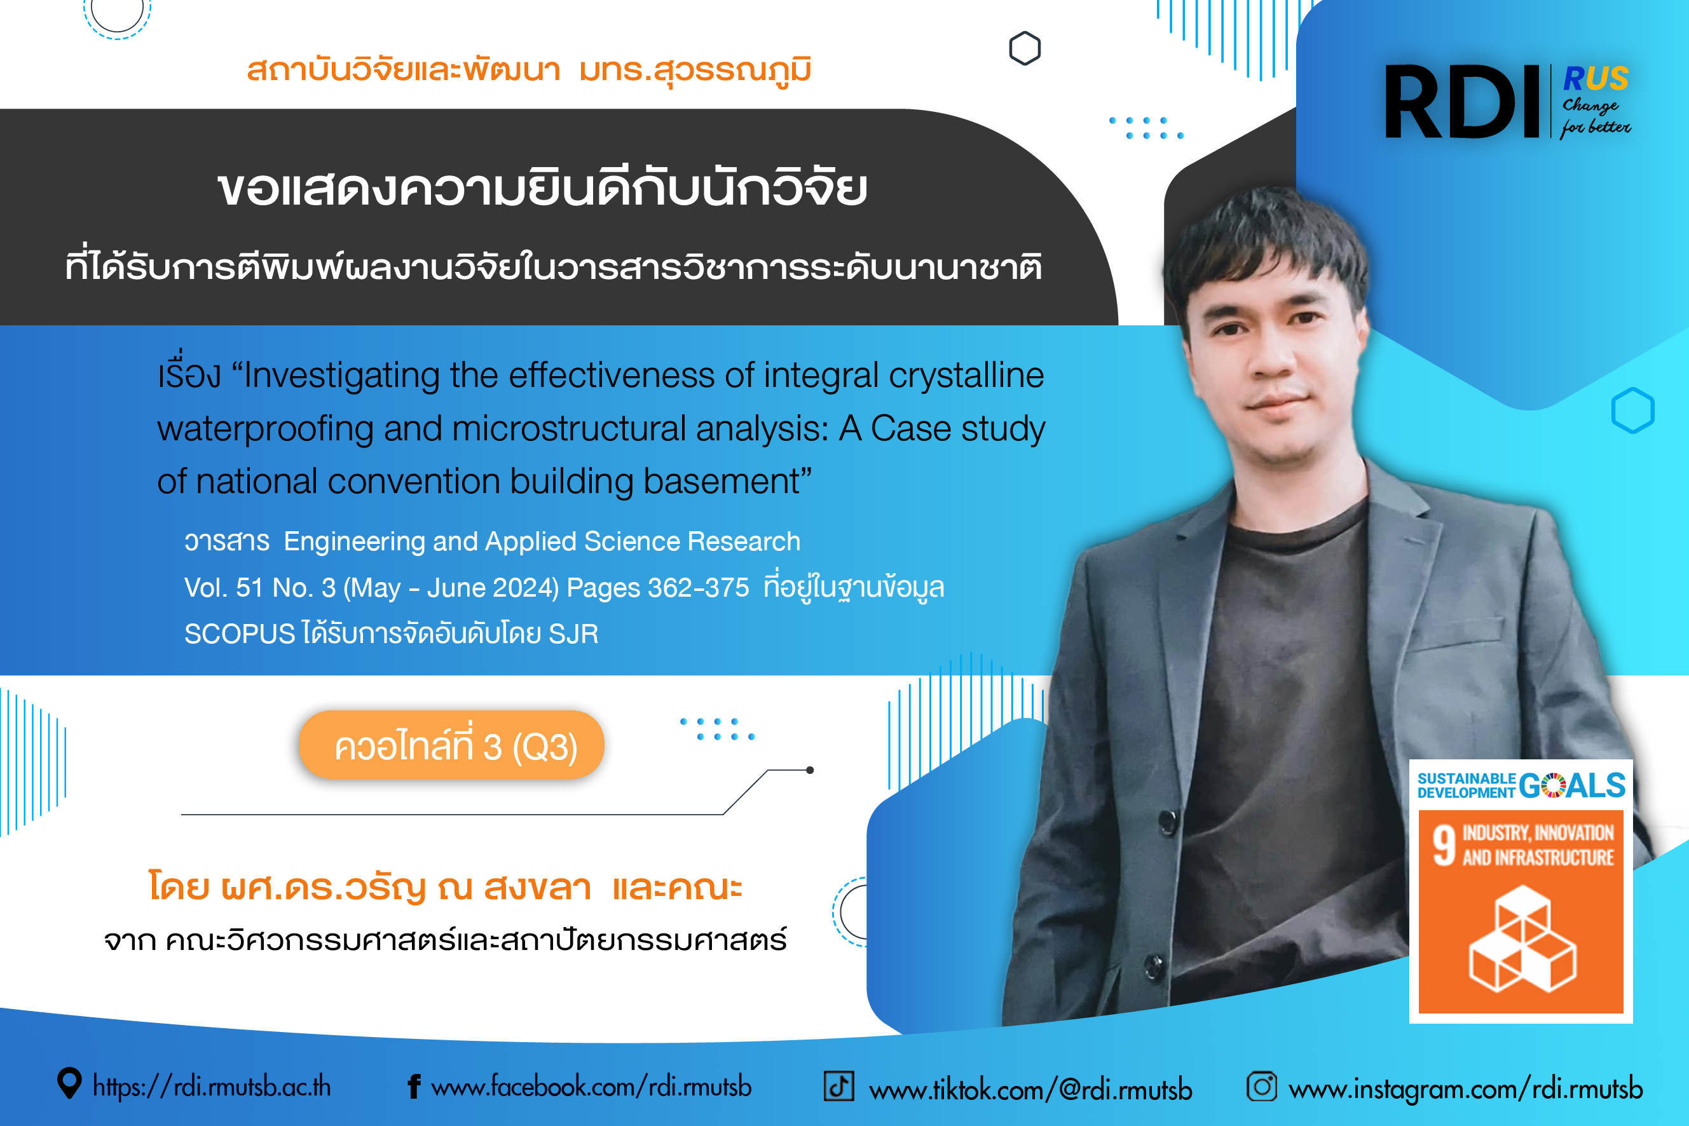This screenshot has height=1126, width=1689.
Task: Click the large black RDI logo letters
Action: [x=1461, y=101]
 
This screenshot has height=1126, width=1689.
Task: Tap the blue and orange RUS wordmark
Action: [x=1596, y=78]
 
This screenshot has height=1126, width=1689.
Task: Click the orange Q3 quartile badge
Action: [x=452, y=745]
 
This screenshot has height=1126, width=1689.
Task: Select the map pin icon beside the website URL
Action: [x=69, y=1083]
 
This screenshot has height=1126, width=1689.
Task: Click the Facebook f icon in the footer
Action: [x=414, y=1087]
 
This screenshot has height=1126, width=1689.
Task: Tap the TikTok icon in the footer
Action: [x=838, y=1086]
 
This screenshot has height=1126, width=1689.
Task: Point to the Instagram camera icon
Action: [x=1262, y=1086]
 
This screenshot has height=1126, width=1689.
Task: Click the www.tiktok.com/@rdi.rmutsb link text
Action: [x=1030, y=1089]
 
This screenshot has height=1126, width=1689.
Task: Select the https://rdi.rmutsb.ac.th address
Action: [x=212, y=1087]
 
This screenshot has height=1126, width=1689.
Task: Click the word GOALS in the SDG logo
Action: [x=1573, y=785]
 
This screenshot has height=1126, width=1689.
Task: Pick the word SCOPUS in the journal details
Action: [x=239, y=634]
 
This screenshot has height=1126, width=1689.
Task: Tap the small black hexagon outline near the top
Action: [x=1025, y=48]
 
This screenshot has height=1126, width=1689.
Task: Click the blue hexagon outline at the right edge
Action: [x=1633, y=410]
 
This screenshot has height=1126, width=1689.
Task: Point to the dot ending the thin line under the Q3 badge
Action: [x=810, y=770]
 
